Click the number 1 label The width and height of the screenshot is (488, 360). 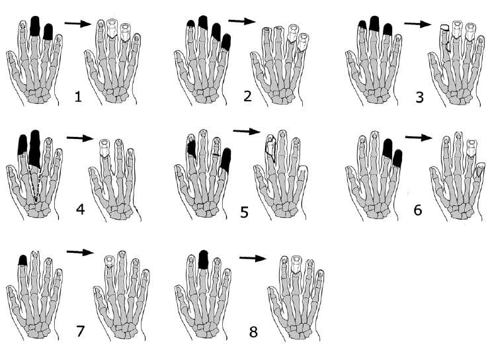click(x=78, y=97)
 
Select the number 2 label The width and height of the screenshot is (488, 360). click(x=247, y=95)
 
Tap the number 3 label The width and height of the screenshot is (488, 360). click(x=419, y=97)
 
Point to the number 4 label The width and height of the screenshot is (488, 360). click(x=80, y=209)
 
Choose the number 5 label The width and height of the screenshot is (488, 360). click(x=244, y=212)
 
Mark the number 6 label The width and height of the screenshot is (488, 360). click(x=418, y=210)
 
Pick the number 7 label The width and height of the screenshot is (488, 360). click(x=80, y=331)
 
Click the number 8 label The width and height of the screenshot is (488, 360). click(x=253, y=332)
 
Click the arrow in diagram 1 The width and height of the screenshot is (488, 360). click(x=78, y=23)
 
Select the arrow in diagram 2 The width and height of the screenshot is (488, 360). click(x=242, y=21)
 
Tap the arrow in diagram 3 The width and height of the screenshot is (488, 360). click(x=418, y=24)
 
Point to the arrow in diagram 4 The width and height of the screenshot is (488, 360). click(x=80, y=138)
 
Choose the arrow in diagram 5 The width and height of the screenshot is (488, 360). click(x=247, y=131)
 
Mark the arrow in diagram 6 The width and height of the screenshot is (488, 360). click(x=419, y=137)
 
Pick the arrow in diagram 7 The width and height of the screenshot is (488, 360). click(x=80, y=252)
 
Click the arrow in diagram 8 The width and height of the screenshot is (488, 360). click(x=253, y=258)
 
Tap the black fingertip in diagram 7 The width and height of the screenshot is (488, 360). click(x=22, y=260)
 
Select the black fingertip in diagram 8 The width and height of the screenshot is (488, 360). click(x=203, y=259)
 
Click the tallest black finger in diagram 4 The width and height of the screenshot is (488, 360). click(x=34, y=149)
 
